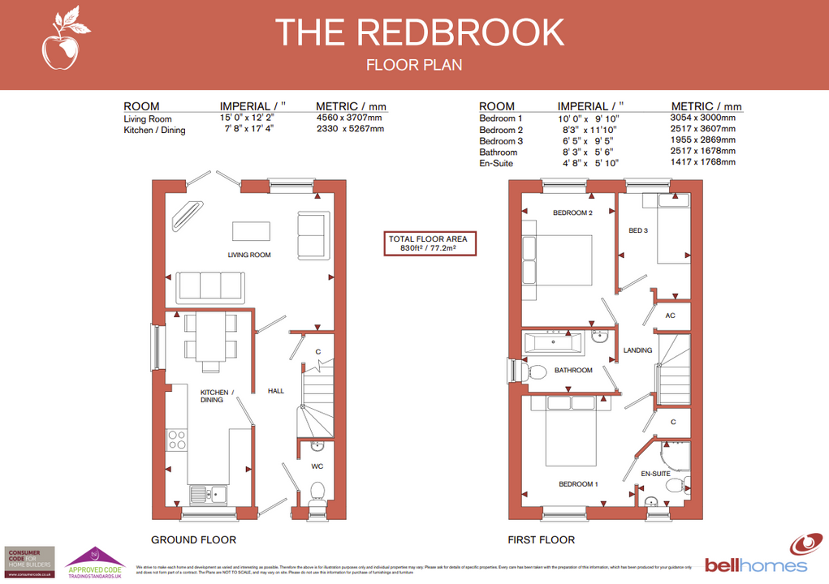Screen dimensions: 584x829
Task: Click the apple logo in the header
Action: [x=60, y=41]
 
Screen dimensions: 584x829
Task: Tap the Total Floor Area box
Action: [x=430, y=244]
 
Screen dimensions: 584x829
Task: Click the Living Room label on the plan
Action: [x=248, y=255]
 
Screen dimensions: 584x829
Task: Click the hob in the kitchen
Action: [x=177, y=440]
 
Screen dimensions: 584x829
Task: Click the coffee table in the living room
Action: [x=251, y=230]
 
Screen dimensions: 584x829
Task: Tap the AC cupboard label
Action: [x=670, y=316]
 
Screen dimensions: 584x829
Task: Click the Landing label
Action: [x=637, y=350]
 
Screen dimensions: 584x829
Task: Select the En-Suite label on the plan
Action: [x=654, y=473]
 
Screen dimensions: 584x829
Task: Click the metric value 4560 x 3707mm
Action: [x=348, y=118]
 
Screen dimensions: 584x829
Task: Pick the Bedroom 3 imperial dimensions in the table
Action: [x=589, y=140]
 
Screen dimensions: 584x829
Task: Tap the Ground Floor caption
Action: [x=193, y=539]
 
